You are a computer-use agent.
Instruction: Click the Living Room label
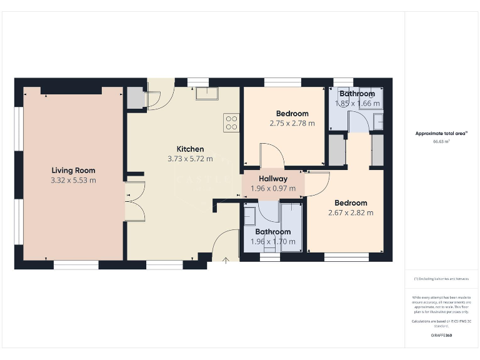click(73, 170)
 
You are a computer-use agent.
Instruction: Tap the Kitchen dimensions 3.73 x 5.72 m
click(190, 159)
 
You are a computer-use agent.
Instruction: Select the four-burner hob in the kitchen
click(231, 122)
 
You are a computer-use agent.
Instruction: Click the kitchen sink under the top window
click(206, 94)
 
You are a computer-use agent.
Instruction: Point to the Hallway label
click(273, 179)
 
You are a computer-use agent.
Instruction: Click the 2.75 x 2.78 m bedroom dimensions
click(292, 123)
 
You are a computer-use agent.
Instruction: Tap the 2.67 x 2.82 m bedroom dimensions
click(351, 212)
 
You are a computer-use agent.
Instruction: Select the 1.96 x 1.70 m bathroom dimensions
click(272, 241)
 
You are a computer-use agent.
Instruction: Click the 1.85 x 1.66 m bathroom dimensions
click(357, 104)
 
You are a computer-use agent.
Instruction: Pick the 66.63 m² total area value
click(442, 142)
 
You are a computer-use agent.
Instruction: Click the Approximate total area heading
click(442, 133)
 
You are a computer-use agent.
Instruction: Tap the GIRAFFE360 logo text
click(442, 336)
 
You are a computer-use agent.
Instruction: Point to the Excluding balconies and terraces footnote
click(442, 278)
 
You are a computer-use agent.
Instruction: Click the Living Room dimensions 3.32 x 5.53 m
click(73, 180)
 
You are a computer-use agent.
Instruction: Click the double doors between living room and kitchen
click(134, 201)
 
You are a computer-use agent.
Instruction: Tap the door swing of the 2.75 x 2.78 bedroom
click(272, 156)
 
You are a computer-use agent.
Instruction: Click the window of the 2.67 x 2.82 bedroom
click(346, 256)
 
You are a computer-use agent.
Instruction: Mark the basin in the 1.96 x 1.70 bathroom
click(249, 216)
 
